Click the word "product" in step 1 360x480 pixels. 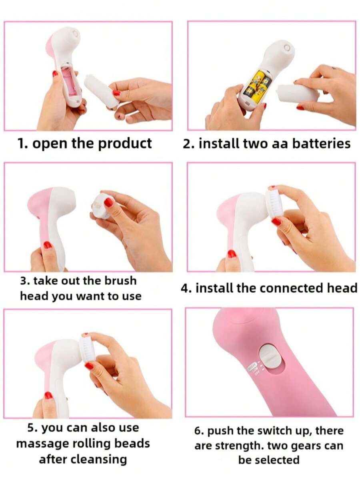pyautogui.click(x=125, y=144)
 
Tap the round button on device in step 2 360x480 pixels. pyautogui.click(x=287, y=48)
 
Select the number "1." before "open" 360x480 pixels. pyautogui.click(x=23, y=143)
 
